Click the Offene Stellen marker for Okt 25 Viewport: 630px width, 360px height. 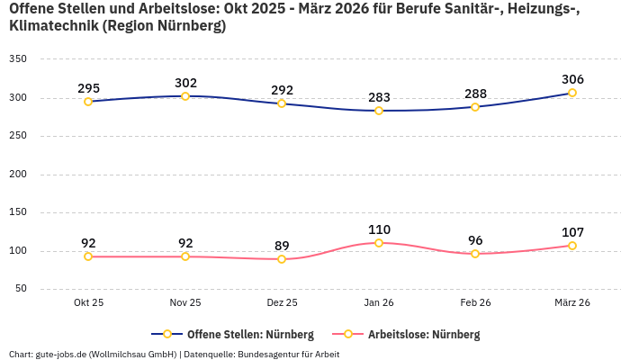(88, 102)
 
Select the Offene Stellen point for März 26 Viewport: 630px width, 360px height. (572, 93)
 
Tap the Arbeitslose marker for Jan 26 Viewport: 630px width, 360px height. (379, 243)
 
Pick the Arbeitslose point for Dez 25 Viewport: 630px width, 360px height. (282, 259)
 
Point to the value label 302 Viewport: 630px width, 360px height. (185, 83)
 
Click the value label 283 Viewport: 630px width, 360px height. (379, 97)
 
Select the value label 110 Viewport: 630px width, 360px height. (379, 229)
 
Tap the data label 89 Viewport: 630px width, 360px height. (282, 246)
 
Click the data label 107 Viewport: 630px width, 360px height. (572, 232)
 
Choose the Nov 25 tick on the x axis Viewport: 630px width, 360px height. (185, 302)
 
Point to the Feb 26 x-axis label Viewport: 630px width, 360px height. (475, 302)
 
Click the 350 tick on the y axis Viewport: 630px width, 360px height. (18, 59)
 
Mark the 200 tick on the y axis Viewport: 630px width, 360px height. (18, 175)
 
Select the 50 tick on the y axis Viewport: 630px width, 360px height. (21, 289)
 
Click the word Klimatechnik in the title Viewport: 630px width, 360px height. (52, 26)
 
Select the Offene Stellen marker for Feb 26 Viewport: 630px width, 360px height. (475, 107)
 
